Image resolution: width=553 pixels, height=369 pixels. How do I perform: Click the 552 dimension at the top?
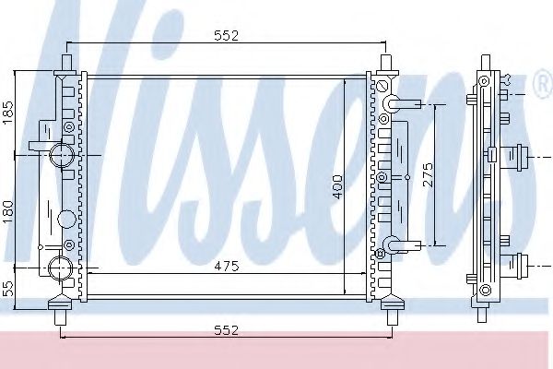227,36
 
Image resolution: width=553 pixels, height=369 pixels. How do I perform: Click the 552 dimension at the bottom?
227,329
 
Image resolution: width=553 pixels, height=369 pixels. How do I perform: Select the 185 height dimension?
10,113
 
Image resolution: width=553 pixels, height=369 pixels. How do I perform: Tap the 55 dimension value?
10,288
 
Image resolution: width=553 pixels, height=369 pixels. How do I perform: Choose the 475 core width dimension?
227,267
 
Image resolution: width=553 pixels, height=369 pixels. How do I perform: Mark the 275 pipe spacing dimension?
426,175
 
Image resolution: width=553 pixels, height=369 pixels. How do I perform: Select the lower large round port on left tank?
60,268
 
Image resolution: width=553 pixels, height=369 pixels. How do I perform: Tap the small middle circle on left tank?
66,220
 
